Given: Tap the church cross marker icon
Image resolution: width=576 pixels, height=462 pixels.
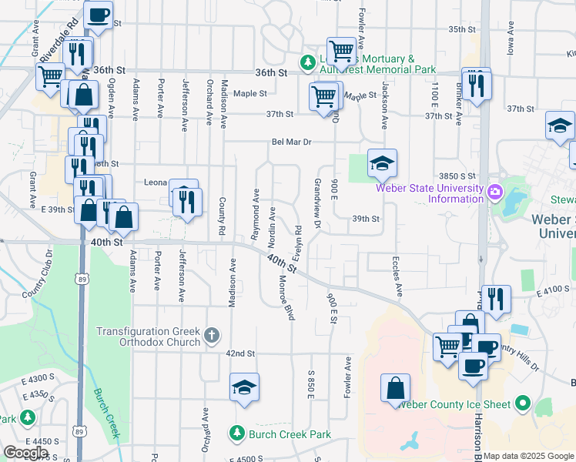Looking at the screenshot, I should click(x=213, y=336).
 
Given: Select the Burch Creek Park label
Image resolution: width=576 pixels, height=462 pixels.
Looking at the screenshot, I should click(x=290, y=435).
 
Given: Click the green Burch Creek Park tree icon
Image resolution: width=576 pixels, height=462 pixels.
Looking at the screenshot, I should click(x=237, y=435).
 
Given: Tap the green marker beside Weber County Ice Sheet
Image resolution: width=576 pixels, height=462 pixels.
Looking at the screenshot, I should click(x=524, y=403).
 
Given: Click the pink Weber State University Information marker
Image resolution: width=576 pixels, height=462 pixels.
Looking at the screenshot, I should click(x=494, y=190).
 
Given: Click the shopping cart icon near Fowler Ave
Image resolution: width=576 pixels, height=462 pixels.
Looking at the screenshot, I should click(x=341, y=52).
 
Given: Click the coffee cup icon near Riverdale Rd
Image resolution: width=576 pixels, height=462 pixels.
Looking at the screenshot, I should click(x=98, y=15).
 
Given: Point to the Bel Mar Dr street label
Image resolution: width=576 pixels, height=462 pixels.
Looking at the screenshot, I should click(x=290, y=142).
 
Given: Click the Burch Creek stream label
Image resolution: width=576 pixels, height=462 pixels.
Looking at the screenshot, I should click(x=105, y=412).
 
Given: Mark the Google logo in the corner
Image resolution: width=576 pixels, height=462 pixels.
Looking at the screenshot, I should click(x=25, y=453).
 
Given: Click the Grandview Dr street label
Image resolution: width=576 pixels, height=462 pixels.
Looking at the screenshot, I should click(x=317, y=204).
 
